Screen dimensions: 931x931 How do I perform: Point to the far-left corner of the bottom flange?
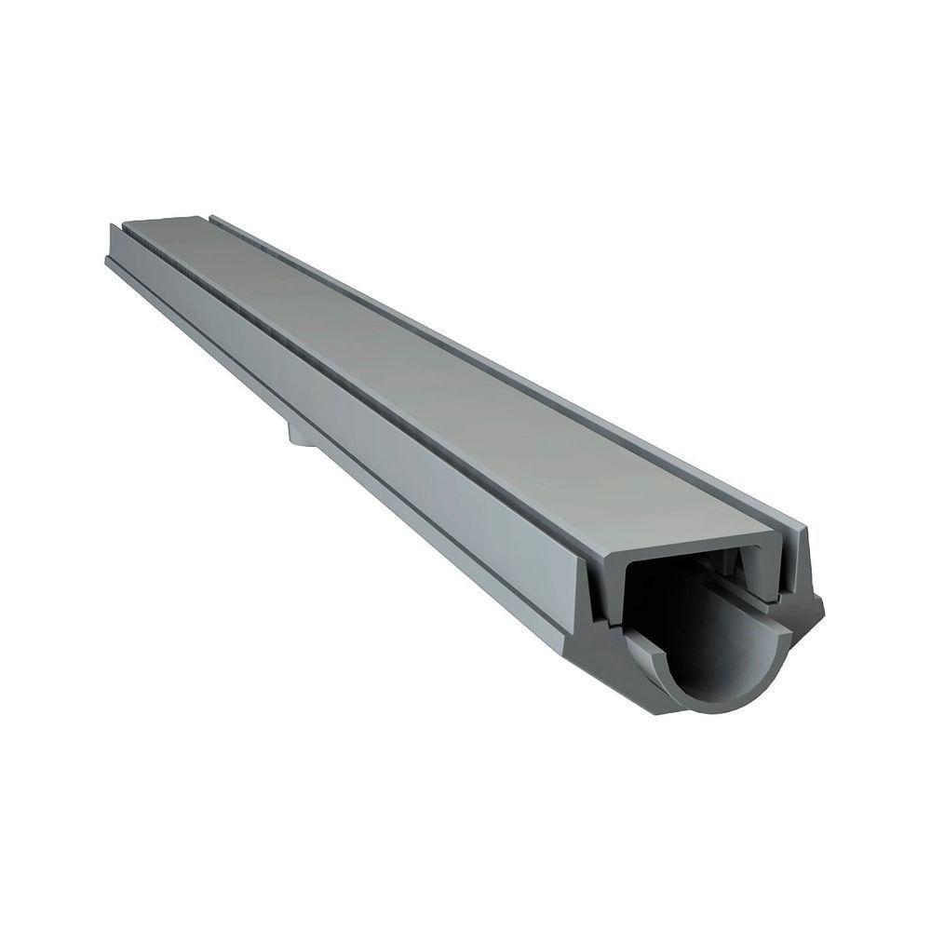[x=108, y=262]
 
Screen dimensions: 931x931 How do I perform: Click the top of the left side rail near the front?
[x=587, y=549]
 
